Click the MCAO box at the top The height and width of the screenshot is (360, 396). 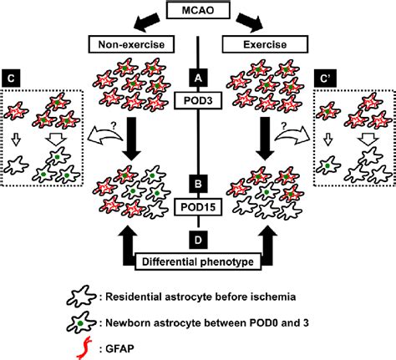pyautogui.click(x=198, y=10)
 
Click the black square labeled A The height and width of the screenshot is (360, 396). pyautogui.click(x=198, y=74)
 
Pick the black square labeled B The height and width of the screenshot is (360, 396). pyautogui.click(x=198, y=179)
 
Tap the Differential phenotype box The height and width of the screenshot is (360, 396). pyautogui.click(x=198, y=261)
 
